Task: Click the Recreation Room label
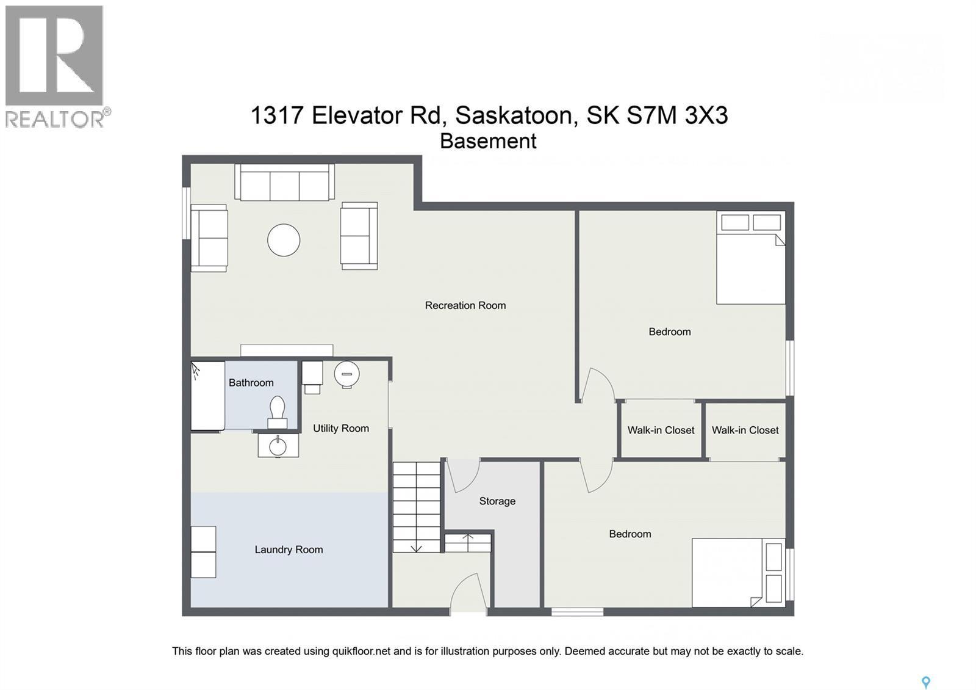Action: (465, 305)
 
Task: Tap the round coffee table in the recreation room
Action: (284, 240)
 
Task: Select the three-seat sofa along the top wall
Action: (284, 183)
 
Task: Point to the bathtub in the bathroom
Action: (207, 396)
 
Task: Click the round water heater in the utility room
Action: (346, 374)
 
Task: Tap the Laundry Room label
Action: (289, 550)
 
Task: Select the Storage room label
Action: (497, 501)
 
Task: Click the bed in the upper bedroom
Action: (750, 260)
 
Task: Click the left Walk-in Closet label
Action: (661, 430)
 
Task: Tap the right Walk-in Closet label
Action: (745, 430)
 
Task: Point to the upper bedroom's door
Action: (597, 385)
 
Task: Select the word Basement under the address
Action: (488, 141)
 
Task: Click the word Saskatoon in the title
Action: (514, 115)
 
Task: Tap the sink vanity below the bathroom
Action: (278, 445)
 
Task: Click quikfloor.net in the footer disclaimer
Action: (361, 651)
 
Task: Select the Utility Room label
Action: (341, 428)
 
